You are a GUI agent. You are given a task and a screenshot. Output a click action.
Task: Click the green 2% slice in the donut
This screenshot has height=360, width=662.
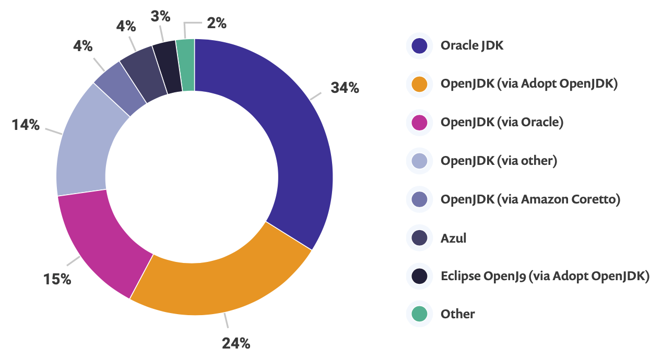[x=186, y=65]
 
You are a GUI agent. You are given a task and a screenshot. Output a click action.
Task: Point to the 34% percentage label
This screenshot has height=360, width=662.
[x=345, y=88]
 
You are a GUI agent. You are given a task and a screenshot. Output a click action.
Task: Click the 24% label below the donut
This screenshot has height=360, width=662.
[x=236, y=343]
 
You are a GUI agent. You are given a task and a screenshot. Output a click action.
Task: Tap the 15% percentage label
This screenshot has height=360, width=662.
[x=57, y=279]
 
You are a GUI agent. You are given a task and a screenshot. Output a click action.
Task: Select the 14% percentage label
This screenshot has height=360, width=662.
[x=26, y=125]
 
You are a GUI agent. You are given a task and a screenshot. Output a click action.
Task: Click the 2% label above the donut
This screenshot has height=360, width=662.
[x=216, y=23]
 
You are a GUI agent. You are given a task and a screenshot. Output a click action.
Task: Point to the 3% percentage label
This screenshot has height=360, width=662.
[x=160, y=17]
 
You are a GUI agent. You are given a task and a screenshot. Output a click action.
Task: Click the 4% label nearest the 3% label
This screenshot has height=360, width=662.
[x=126, y=26]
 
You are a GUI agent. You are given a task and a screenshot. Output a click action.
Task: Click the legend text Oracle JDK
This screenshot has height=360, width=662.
[x=472, y=45]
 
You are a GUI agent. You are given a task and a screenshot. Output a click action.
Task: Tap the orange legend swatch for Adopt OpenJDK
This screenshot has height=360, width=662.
[x=419, y=84]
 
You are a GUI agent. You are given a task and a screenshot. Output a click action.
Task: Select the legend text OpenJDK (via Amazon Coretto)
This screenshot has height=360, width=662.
[x=530, y=199]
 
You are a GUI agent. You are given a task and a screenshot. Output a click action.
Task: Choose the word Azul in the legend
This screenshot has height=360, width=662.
[x=453, y=238]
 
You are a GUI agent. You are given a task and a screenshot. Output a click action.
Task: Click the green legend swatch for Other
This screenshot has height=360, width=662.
[x=419, y=314]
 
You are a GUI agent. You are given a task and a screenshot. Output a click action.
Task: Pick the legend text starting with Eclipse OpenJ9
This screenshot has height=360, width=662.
[x=545, y=276]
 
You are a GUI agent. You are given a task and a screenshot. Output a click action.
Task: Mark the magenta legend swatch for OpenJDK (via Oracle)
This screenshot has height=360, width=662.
[x=419, y=123]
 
